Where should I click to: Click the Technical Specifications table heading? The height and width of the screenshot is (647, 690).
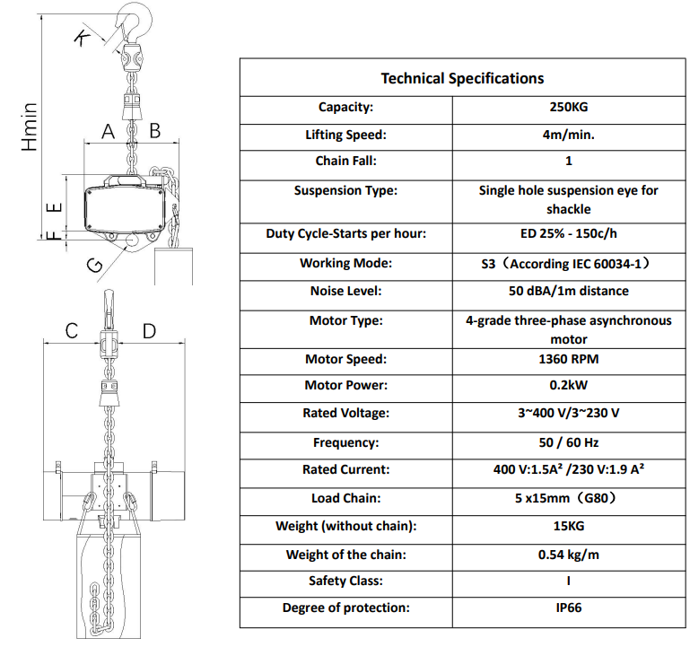(462, 78)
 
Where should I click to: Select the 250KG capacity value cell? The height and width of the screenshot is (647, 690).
(569, 107)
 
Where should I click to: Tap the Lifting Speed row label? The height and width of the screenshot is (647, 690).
(345, 135)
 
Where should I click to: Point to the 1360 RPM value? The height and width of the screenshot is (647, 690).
(569, 359)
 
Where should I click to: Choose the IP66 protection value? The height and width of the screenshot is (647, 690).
(569, 608)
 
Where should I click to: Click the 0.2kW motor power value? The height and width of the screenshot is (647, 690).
(569, 385)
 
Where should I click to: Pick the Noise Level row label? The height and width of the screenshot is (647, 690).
(345, 291)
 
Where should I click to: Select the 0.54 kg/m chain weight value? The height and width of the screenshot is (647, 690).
(569, 555)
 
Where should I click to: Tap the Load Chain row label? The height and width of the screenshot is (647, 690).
(345, 498)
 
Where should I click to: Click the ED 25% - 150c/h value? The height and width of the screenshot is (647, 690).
(569, 233)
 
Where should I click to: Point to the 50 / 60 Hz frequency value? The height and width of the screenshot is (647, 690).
(569, 442)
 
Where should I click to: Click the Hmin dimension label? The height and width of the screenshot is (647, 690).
(29, 127)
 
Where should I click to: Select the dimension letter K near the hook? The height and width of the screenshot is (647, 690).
(82, 38)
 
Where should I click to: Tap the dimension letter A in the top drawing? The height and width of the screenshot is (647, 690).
(109, 132)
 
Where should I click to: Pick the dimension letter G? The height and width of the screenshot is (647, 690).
(95, 265)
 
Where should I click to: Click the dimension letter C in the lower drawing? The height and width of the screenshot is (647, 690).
(71, 331)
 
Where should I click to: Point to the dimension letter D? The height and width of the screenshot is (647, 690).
(149, 331)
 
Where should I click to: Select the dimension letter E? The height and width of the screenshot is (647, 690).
(54, 208)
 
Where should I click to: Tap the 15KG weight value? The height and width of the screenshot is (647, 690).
(569, 526)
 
